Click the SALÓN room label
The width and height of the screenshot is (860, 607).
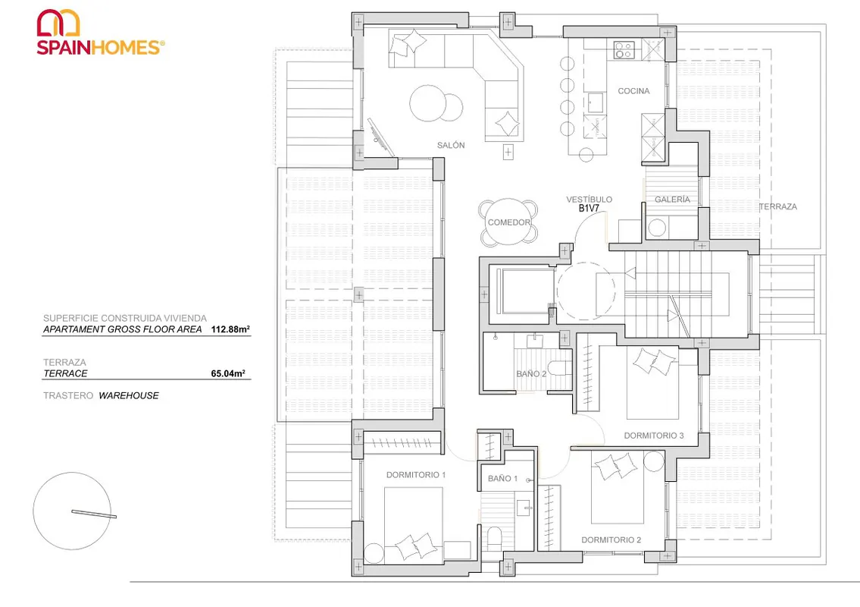point(451,145)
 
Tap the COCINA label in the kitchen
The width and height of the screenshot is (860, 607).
point(633,91)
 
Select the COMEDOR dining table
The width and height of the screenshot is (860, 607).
point(508,222)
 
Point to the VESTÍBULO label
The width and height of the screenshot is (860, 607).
point(589,200)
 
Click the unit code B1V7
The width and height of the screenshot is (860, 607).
point(589,208)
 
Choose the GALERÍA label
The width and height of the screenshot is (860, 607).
point(672,200)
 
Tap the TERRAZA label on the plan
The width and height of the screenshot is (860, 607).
point(778,206)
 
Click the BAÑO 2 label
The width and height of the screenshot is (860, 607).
point(531,373)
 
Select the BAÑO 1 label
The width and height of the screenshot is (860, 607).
point(503,479)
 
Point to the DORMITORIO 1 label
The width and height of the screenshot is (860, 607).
point(416,475)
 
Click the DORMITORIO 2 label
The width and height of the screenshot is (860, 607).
point(611,540)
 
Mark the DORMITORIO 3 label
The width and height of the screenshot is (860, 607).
point(654,436)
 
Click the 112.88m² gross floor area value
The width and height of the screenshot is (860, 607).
point(230,329)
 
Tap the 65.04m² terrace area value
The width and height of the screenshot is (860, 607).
point(228,373)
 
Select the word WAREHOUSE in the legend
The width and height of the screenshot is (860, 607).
point(129,395)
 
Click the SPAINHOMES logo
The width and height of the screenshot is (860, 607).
point(100,33)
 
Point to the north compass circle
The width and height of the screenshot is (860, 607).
point(72,511)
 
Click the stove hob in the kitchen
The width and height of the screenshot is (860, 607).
point(624,49)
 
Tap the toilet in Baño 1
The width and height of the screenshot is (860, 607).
point(494,537)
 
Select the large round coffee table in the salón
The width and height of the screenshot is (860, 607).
point(428,103)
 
